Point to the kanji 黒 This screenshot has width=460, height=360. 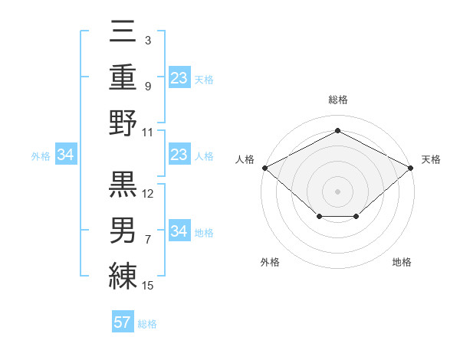pos(123,183)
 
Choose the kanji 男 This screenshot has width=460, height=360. pos(123,229)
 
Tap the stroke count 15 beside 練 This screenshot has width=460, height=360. pos(148,286)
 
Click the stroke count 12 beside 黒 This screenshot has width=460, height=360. pos(148,193)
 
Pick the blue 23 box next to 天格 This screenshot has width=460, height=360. pos(179,77)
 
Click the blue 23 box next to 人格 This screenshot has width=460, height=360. pos(179,155)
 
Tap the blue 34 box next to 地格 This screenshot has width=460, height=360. pos(179,231)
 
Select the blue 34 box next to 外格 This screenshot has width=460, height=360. pos(66,155)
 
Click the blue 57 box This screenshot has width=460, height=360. pos(123,322)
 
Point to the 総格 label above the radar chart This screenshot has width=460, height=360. pos(337,100)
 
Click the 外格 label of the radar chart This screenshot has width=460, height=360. pos(270,262)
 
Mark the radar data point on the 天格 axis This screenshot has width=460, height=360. pos(412,168)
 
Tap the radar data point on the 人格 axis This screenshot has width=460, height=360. pos(264,168)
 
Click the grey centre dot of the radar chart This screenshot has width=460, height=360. pos(337,191)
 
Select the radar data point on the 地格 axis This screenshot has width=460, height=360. pos(356,218)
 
